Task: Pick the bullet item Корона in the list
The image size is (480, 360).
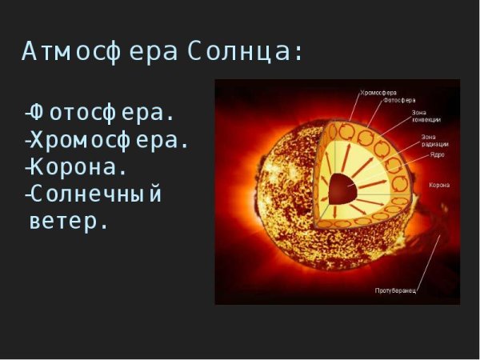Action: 79,167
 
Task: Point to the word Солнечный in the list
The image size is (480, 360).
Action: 96,194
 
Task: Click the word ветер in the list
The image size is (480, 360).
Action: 68,221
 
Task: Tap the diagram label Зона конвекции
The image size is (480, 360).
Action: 426,116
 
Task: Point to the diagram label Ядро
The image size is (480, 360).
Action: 436,154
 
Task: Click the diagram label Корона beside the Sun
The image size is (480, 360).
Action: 439,185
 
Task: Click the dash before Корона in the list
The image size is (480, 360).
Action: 28,169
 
